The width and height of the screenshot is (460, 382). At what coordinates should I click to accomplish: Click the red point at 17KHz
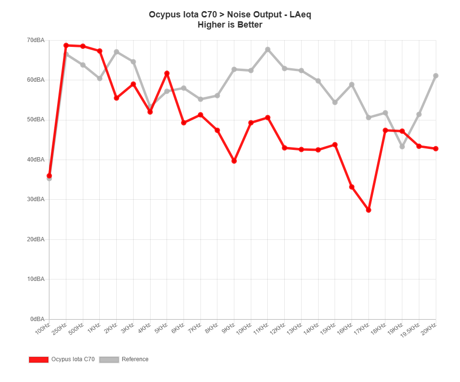pos(368,210)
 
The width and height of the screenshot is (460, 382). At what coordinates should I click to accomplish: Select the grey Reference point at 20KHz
pos(436,75)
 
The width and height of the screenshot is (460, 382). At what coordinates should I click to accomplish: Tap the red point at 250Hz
pos(66,45)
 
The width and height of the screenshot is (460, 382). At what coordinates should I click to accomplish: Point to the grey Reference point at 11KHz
pos(268,49)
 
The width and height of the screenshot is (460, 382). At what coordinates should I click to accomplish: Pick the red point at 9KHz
pos(234,161)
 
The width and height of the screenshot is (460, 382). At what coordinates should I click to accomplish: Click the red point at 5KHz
pos(167,73)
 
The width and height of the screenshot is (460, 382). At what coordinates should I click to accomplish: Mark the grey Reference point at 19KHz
pos(402,147)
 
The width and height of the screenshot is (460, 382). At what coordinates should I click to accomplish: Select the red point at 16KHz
pos(352,187)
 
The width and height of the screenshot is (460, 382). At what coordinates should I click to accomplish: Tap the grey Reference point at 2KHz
pos(116,51)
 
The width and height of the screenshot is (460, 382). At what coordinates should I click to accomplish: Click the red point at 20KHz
pos(436,148)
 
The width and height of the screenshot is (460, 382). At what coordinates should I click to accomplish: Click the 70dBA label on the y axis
pos(36,40)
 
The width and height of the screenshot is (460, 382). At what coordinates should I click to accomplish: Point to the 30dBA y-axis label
pos(36,199)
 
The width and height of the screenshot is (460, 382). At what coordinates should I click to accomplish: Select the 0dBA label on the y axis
pos(37,319)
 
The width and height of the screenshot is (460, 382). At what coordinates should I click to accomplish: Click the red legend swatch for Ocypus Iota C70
pos(39,359)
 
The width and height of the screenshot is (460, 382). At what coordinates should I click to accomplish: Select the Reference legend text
pos(135,359)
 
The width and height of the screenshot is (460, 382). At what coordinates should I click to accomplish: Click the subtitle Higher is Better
pos(230,25)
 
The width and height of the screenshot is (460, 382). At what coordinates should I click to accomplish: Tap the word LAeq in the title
pos(300,15)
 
